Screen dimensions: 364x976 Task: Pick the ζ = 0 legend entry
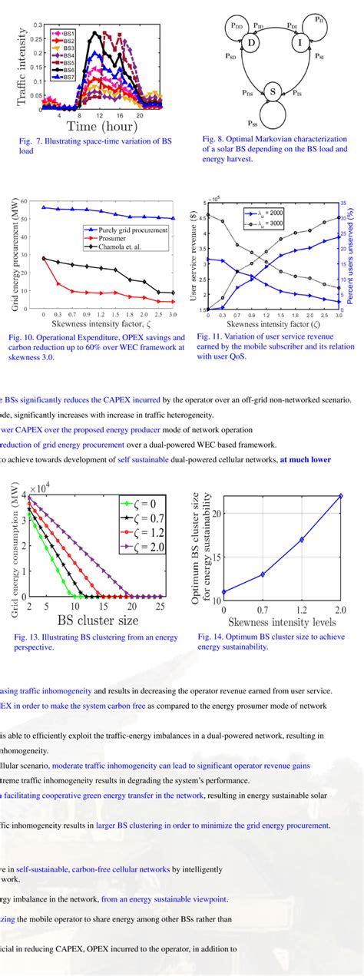[x=142, y=504]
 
